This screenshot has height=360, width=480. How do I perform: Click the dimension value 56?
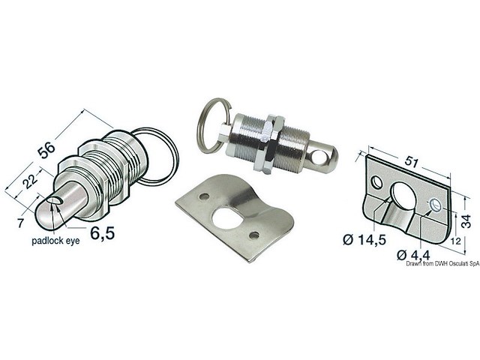click(x=46, y=149)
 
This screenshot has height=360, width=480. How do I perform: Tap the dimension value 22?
click(x=28, y=181)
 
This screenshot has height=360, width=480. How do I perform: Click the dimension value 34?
click(x=466, y=220)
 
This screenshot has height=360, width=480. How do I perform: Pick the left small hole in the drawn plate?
click(x=377, y=183)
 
